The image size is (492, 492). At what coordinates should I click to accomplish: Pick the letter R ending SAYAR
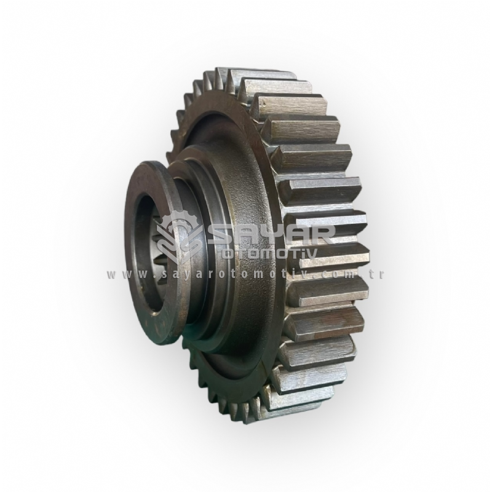pyautogui.click(x=314, y=236)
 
